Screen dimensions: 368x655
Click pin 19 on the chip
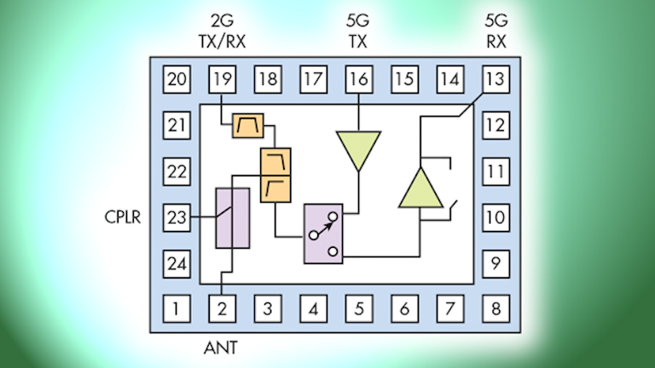click(x=223, y=80)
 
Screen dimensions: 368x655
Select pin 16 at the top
click(x=358, y=80)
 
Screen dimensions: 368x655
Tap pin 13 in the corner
click(x=495, y=80)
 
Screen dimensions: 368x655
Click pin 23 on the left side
click(x=177, y=217)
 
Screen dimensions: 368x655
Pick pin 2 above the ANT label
click(x=223, y=309)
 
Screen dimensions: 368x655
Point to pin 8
click(x=495, y=309)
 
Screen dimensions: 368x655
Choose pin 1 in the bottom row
click(x=177, y=309)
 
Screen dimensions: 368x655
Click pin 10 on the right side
click(x=495, y=217)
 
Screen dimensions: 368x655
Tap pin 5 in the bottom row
click(x=358, y=309)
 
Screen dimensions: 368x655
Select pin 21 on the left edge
click(x=177, y=126)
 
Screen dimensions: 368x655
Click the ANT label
click(x=222, y=347)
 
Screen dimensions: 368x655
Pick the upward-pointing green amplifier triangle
click(x=421, y=188)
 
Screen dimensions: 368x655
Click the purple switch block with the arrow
click(x=323, y=233)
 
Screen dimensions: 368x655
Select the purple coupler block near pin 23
click(x=232, y=218)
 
